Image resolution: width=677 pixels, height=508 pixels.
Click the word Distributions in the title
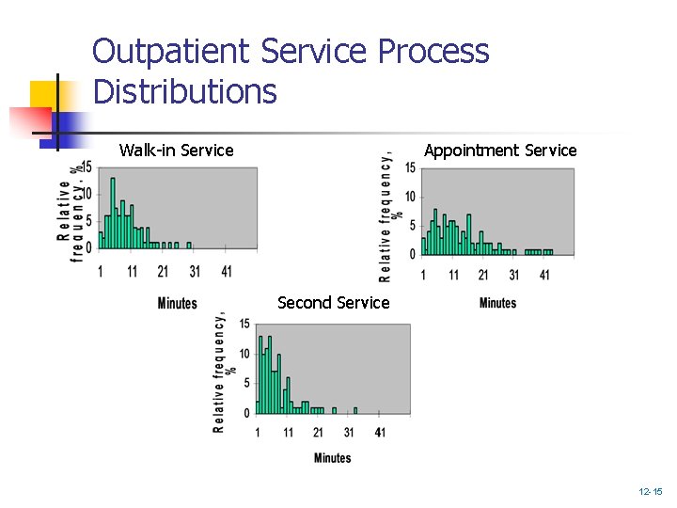pyautogui.click(x=185, y=92)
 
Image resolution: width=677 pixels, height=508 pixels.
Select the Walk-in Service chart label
pyautogui.click(x=177, y=151)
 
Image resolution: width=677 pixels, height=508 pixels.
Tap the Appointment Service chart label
pyautogui.click(x=500, y=151)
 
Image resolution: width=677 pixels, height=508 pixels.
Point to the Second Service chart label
pyautogui.click(x=333, y=303)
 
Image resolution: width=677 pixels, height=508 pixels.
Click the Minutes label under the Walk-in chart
pyautogui.click(x=177, y=302)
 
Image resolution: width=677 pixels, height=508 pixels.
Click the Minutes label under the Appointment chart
pyautogui.click(x=497, y=302)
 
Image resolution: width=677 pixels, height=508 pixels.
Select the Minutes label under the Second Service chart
pyautogui.click(x=332, y=458)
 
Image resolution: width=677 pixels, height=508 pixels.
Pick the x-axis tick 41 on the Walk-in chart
pyautogui.click(x=226, y=271)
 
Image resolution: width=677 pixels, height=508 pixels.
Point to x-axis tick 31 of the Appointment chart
pyautogui.click(x=513, y=275)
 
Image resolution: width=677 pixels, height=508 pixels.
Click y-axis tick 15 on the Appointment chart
pyautogui.click(x=410, y=168)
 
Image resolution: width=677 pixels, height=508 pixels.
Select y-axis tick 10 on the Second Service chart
pyautogui.click(x=245, y=354)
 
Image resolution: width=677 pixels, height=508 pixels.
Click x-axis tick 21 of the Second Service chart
pyautogui.click(x=318, y=432)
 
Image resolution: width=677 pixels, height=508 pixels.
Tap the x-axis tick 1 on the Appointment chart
pyautogui.click(x=423, y=275)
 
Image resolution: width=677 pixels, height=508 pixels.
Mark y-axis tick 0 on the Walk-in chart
pyautogui.click(x=89, y=247)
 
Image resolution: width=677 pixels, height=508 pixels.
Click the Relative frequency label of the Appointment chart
pyautogui.click(x=386, y=217)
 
